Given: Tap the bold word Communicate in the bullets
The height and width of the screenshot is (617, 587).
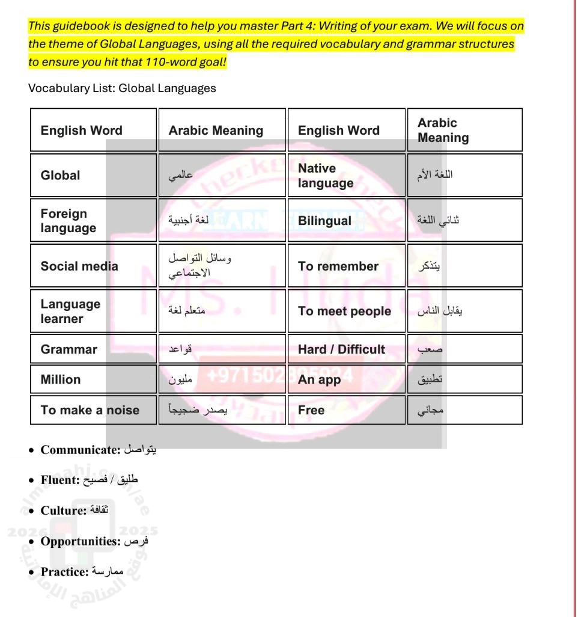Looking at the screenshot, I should tap(80, 450).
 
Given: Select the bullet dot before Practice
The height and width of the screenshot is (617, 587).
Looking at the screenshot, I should tap(31, 572).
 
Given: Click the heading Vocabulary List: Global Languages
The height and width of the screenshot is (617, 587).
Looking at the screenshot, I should tap(122, 88).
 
